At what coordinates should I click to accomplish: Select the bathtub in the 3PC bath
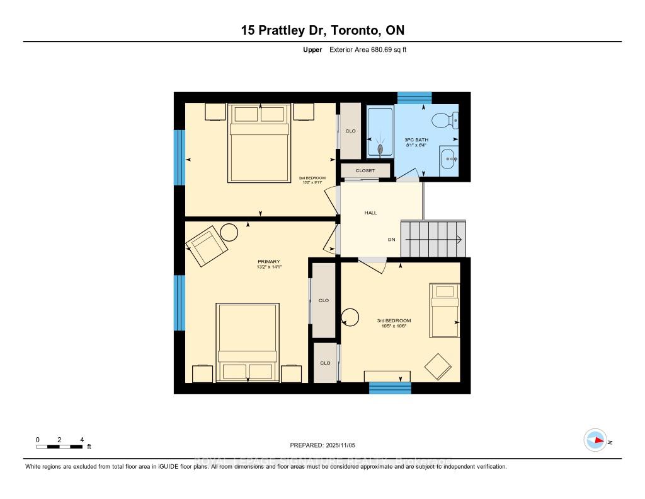[380, 132]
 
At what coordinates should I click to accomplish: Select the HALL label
[370, 213]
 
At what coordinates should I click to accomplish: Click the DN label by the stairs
[391, 240]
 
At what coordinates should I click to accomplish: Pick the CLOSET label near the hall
[365, 171]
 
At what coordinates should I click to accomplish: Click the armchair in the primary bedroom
[207, 247]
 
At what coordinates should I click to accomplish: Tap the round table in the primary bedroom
[229, 232]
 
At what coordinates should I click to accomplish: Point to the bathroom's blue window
[414, 98]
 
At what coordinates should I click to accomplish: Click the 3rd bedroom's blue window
[389, 388]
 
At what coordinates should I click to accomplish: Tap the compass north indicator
[595, 440]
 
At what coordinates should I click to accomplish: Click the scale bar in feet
[60, 447]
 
